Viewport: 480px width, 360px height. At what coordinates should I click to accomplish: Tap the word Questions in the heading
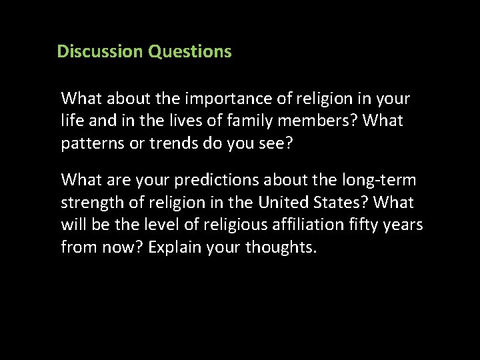pyautogui.click(x=190, y=51)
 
